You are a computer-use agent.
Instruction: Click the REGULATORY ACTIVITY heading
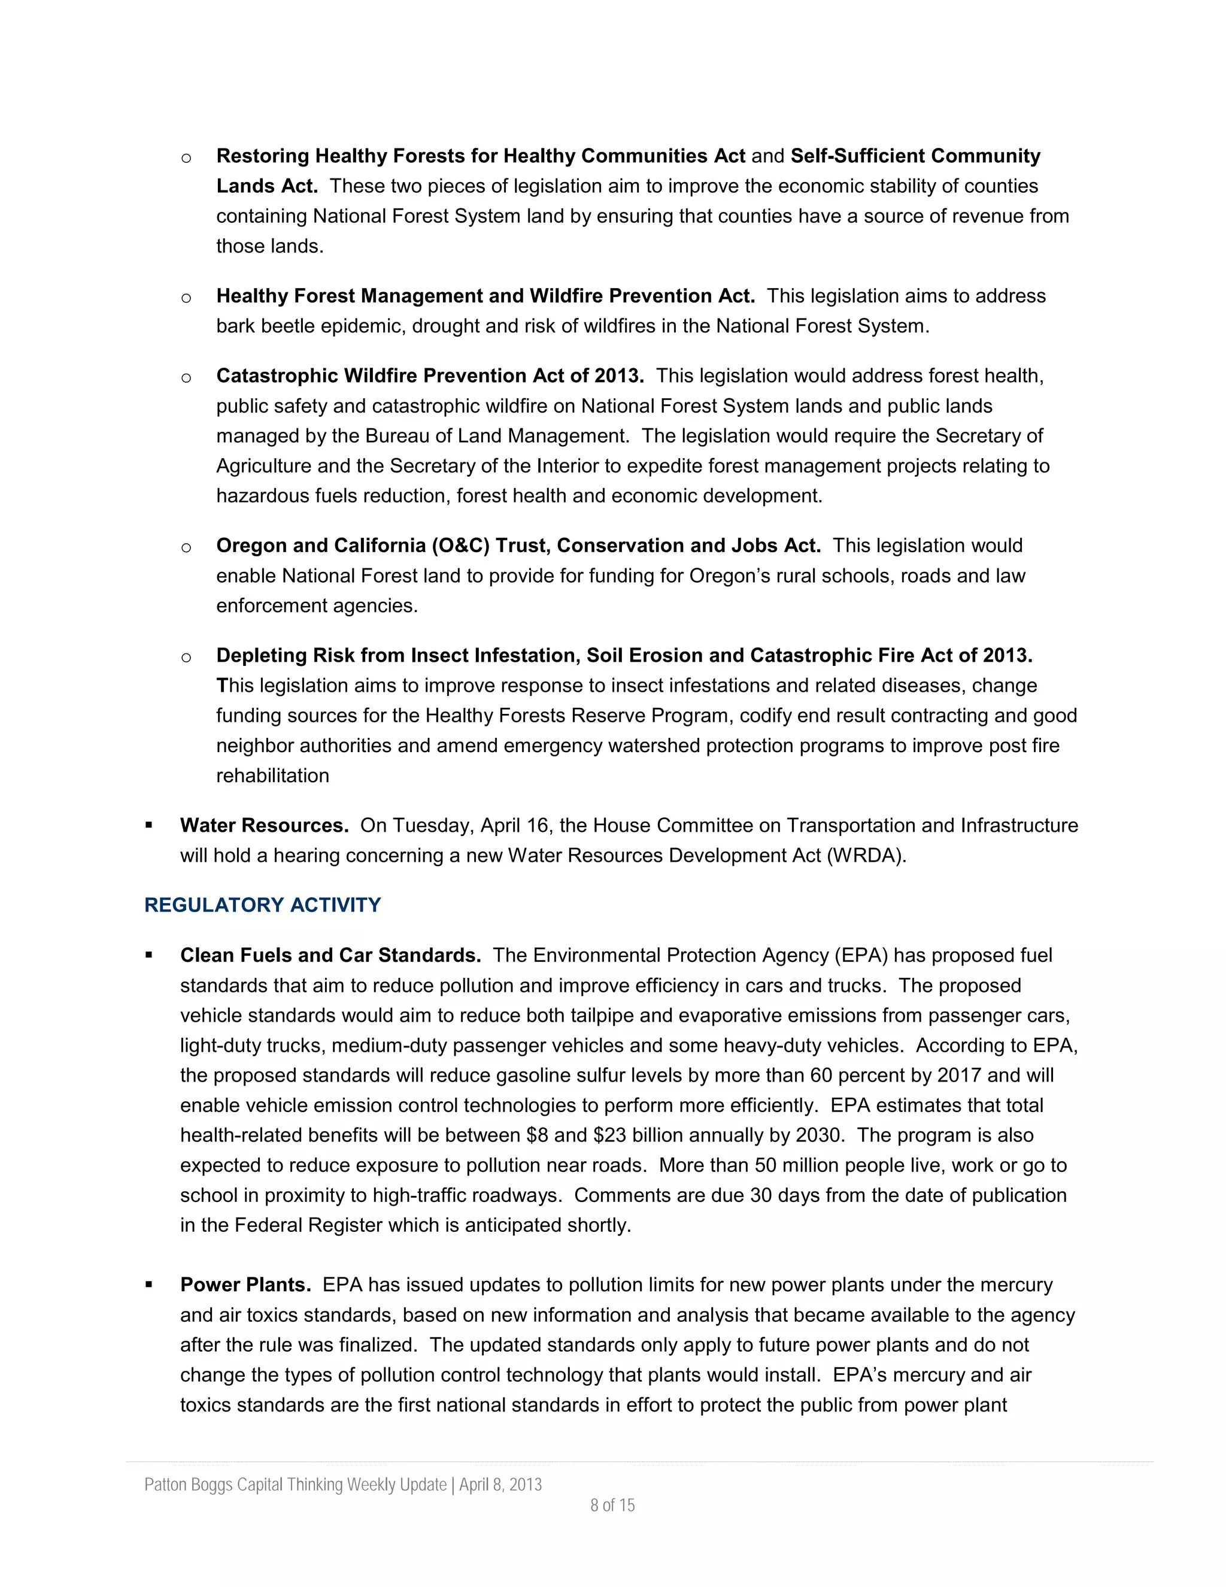pyautogui.click(x=262, y=905)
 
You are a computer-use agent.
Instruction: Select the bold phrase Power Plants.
pyautogui.click(x=245, y=1285)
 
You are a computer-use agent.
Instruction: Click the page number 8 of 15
pyautogui.click(x=612, y=1505)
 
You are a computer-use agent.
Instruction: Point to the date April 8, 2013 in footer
pyautogui.click(x=500, y=1485)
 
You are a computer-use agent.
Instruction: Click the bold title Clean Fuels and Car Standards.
pyautogui.click(x=330, y=956)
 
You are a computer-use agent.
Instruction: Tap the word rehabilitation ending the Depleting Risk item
pyautogui.click(x=272, y=776)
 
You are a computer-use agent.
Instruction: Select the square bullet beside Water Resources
pyautogui.click(x=149, y=825)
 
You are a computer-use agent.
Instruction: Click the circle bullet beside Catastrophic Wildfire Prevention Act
pyautogui.click(x=186, y=377)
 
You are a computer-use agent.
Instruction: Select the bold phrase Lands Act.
pyautogui.click(x=266, y=186)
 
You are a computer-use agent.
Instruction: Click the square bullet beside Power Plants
pyautogui.click(x=149, y=1285)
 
